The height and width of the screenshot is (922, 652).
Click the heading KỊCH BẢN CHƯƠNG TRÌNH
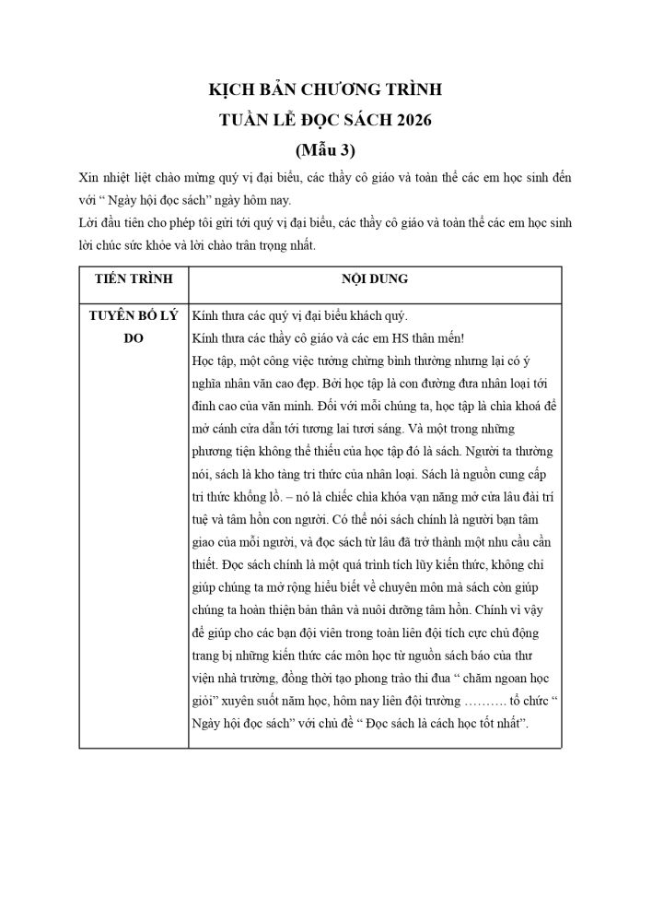click(325, 90)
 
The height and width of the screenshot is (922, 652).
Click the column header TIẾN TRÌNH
click(133, 278)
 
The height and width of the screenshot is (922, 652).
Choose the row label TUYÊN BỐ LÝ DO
click(133, 325)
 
